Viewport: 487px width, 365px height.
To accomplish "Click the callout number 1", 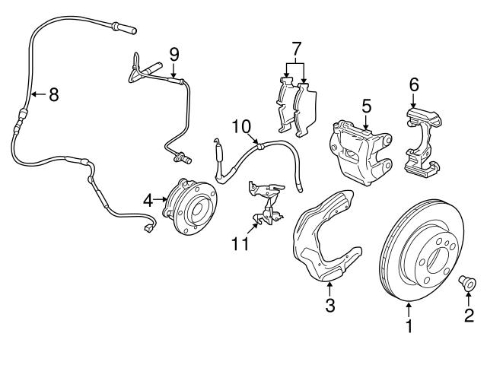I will point(409,328).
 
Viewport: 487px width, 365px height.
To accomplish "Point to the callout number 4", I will point(148,201).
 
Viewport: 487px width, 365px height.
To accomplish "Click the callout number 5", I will point(365,105).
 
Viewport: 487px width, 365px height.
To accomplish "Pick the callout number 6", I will point(414,84).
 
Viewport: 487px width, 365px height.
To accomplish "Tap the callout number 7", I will point(295,51).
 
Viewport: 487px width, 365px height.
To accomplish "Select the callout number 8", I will point(53,95).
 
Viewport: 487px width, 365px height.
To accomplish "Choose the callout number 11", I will point(241,244).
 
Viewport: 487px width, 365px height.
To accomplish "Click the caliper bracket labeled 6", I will point(422,141).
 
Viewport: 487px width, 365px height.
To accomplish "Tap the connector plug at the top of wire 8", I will point(125,30).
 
